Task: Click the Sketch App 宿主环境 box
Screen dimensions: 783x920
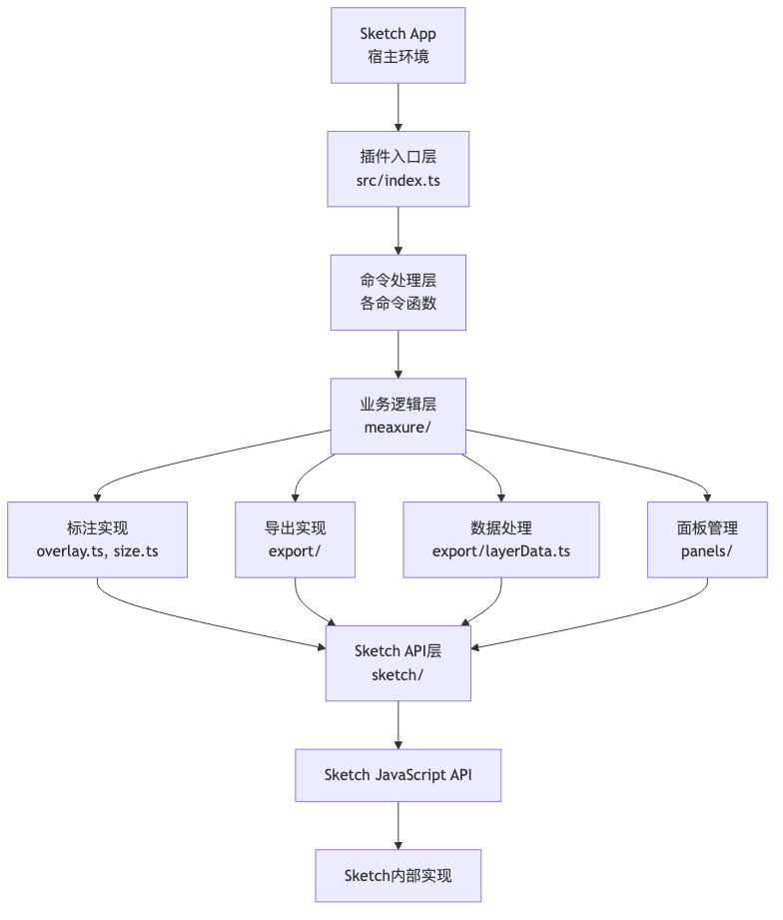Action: click(x=397, y=45)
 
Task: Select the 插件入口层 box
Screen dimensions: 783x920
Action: click(x=397, y=169)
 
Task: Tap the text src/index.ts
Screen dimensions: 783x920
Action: click(x=397, y=181)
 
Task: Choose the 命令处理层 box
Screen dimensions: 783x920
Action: click(x=397, y=293)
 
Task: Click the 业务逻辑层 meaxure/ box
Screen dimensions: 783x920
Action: click(x=397, y=416)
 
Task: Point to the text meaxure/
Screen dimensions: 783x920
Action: click(x=397, y=428)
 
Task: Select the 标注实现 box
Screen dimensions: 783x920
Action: click(x=97, y=539)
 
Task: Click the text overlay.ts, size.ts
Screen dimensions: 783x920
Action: click(x=97, y=551)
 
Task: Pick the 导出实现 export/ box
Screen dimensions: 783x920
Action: click(x=295, y=539)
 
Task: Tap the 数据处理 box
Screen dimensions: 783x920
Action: click(x=501, y=539)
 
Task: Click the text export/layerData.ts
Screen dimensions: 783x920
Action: click(x=501, y=551)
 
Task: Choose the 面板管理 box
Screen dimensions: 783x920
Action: click(x=707, y=539)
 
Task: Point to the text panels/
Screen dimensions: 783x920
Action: click(x=707, y=551)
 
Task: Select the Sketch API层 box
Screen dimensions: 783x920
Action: click(x=397, y=663)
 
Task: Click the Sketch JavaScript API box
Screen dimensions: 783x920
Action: click(x=397, y=775)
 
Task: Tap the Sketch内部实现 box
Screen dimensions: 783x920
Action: click(x=397, y=875)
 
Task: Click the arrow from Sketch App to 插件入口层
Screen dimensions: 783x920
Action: click(x=398, y=107)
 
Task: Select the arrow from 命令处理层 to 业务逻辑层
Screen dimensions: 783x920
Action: click(x=398, y=355)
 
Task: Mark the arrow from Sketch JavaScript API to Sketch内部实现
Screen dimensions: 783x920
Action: click(x=398, y=825)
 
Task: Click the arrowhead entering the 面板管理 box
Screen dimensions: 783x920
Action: click(x=707, y=498)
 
